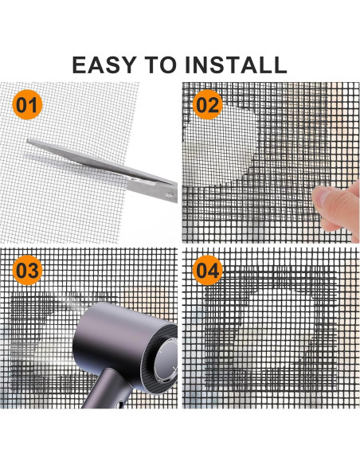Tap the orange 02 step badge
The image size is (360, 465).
206,105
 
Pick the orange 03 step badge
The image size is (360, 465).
27,271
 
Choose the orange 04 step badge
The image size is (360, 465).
206,271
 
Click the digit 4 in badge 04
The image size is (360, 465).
213,271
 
